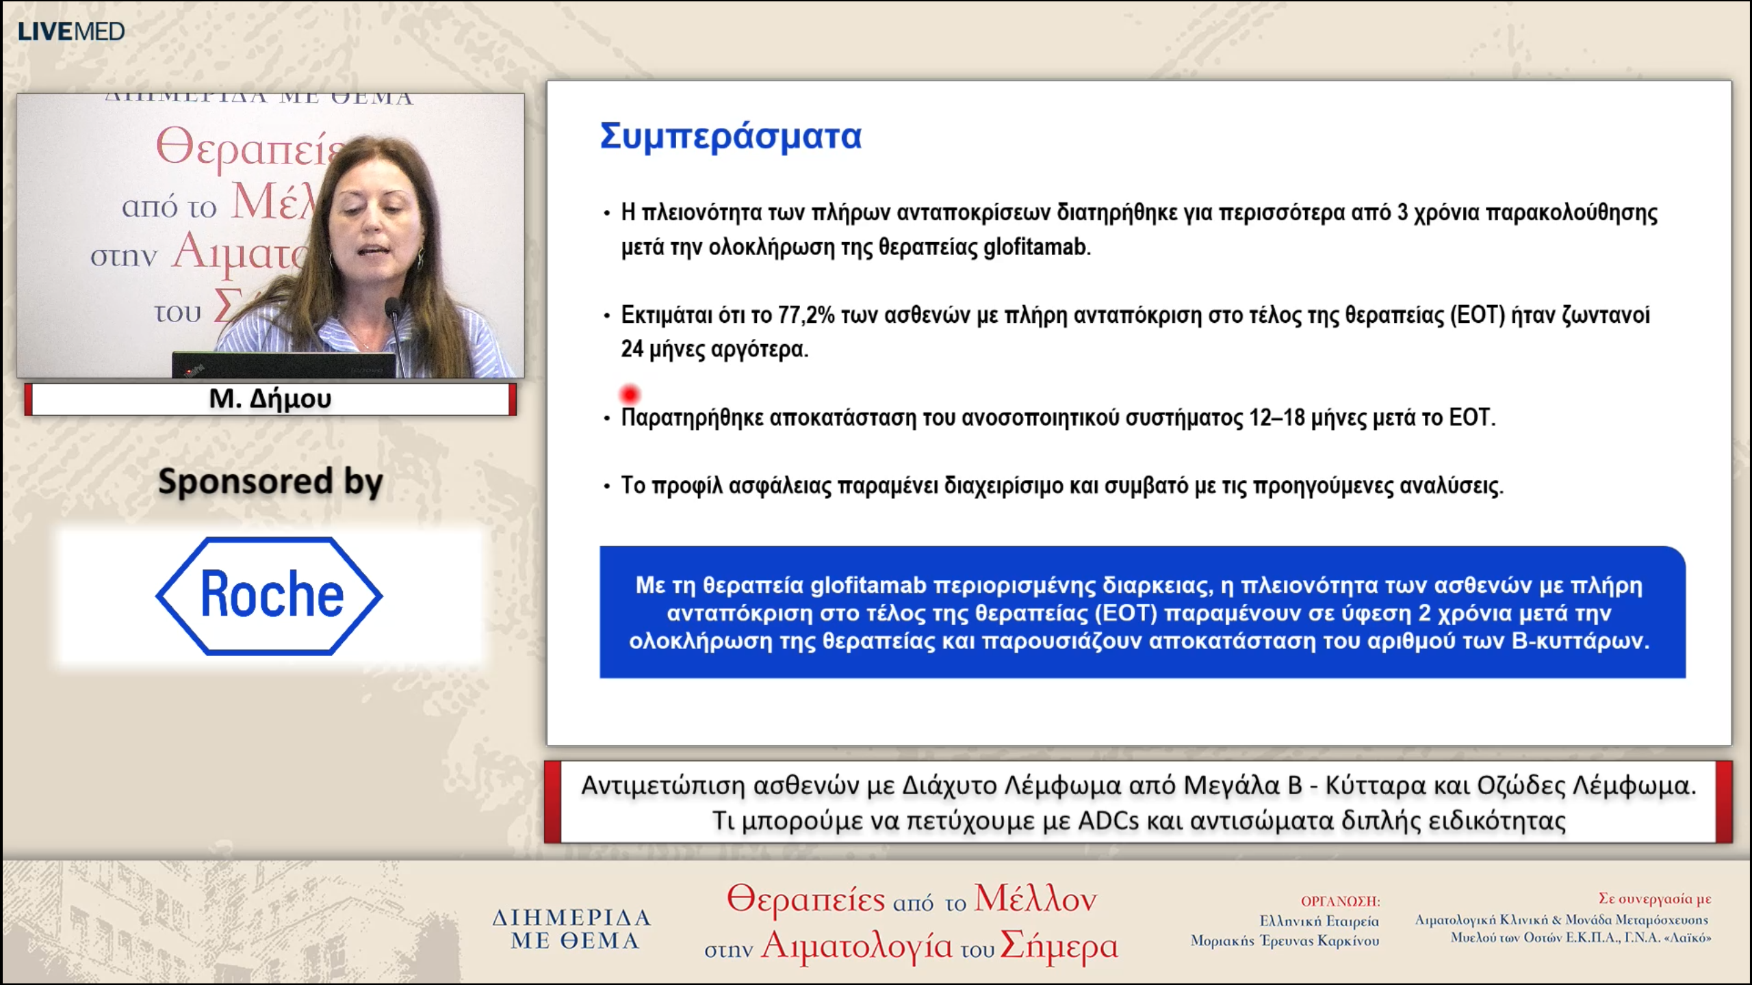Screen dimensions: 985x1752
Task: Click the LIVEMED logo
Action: point(70,31)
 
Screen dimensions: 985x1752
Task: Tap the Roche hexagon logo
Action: point(269,595)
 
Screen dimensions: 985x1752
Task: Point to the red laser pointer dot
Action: point(629,395)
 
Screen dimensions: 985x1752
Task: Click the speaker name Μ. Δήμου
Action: point(270,398)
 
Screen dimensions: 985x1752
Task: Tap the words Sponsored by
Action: point(270,482)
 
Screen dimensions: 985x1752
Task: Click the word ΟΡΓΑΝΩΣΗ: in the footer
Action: point(1340,902)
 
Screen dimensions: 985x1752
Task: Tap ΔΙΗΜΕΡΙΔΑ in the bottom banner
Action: point(571,917)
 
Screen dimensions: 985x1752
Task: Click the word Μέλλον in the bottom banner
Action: point(1035,898)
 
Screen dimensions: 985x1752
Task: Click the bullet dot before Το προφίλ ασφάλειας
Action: point(606,487)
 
